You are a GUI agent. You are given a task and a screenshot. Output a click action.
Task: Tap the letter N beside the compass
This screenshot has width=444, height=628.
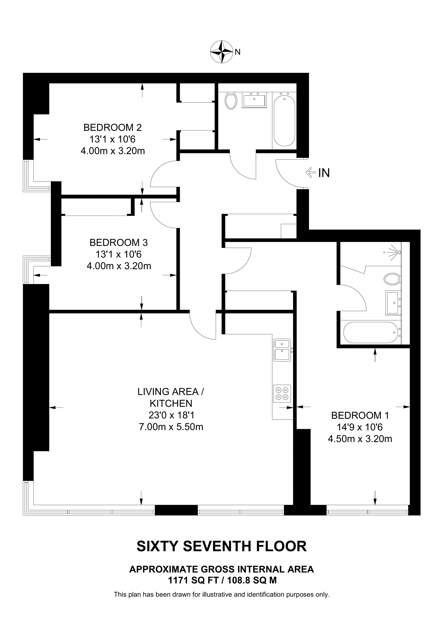pos(238,52)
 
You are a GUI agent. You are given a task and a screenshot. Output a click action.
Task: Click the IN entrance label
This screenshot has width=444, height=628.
pos(324,173)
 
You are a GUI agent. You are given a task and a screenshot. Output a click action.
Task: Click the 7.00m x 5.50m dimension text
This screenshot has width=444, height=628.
pos(171,427)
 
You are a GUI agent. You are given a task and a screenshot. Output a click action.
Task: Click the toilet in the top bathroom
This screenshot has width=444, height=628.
pos(231,101)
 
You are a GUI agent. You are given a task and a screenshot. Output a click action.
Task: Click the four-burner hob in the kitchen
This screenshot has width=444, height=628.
pos(282,394)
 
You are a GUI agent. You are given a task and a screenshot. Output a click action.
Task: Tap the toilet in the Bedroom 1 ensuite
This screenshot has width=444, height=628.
pos(392,279)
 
